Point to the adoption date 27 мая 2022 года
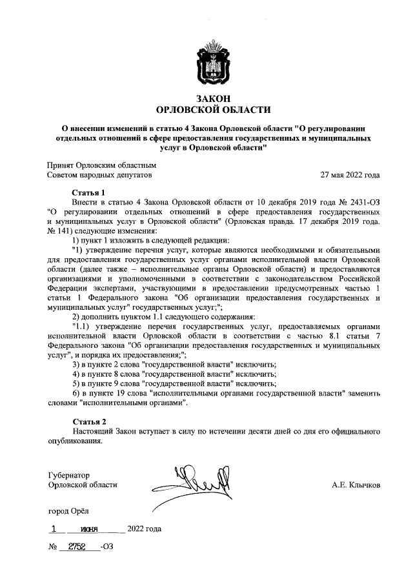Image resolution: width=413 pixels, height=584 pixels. (x=350, y=175)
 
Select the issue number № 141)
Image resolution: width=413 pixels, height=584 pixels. (x=62, y=231)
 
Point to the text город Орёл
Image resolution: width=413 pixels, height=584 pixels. (x=68, y=510)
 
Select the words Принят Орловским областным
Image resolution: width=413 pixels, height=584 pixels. (x=102, y=165)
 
